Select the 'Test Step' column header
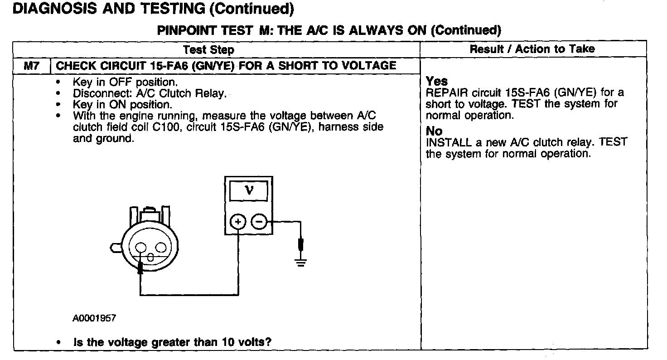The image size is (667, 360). pos(208,49)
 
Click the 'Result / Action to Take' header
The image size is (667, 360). pos(532,49)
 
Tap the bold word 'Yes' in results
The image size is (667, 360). pos(437,82)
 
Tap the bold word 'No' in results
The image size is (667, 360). pos(434,131)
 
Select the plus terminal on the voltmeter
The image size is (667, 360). pos(238,222)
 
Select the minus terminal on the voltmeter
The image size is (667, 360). pos(259,222)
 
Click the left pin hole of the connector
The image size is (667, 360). pos(140,248)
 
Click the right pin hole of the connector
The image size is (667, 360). pos(161,248)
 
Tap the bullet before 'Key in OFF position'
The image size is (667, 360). pos(59,83)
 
